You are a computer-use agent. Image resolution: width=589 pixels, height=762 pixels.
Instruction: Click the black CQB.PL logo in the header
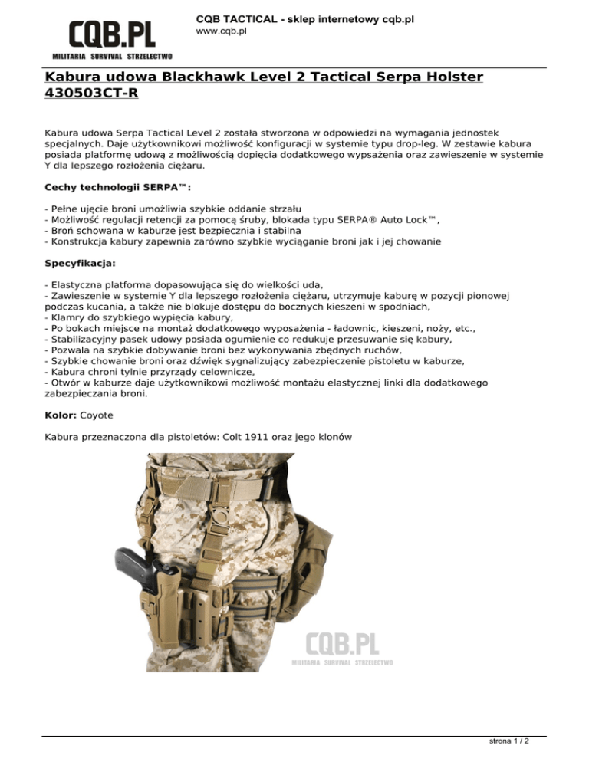[x=112, y=35]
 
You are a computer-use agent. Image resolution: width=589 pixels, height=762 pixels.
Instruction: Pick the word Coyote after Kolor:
[x=97, y=415]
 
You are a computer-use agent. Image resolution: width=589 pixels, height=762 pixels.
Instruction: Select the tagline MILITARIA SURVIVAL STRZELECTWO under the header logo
[x=112, y=57]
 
